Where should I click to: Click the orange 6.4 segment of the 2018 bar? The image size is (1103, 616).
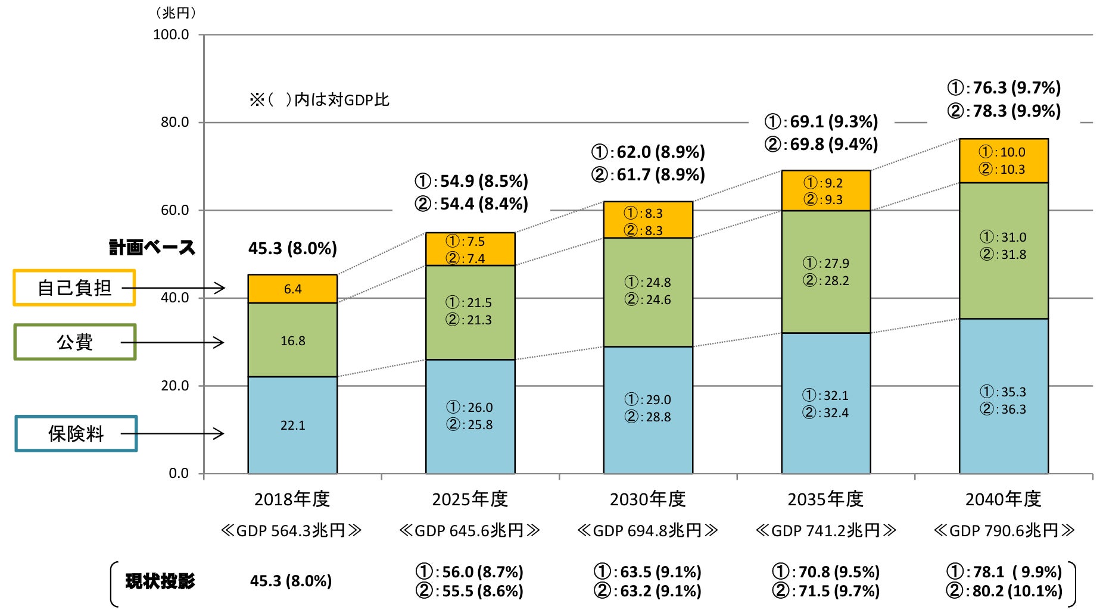click(x=292, y=289)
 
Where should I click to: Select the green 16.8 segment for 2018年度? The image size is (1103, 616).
click(x=292, y=340)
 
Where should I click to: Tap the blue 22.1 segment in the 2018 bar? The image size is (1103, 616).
click(x=292, y=425)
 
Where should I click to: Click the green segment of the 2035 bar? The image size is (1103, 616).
click(x=825, y=272)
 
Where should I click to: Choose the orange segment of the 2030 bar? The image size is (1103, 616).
click(x=648, y=221)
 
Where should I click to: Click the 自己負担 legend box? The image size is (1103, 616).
click(x=74, y=288)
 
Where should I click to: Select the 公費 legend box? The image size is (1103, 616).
click(x=75, y=342)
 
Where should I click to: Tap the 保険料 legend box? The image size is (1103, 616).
click(x=76, y=434)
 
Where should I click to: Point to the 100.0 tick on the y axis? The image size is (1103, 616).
click(x=172, y=35)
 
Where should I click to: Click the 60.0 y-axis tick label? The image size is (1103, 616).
click(x=175, y=210)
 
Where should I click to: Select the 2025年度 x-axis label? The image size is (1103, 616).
click(x=470, y=499)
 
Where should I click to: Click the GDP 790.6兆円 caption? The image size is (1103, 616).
click(x=1004, y=530)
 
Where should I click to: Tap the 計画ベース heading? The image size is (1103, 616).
click(x=152, y=248)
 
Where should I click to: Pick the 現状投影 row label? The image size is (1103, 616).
click(x=160, y=581)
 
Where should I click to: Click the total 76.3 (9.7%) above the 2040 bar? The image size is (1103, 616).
click(x=1004, y=88)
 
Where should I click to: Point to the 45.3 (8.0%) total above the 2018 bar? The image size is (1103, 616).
click(x=292, y=248)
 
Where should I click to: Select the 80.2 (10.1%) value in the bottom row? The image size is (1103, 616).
click(x=1004, y=591)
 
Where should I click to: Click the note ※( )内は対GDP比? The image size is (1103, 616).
click(x=320, y=99)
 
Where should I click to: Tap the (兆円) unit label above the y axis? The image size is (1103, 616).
click(x=176, y=12)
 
